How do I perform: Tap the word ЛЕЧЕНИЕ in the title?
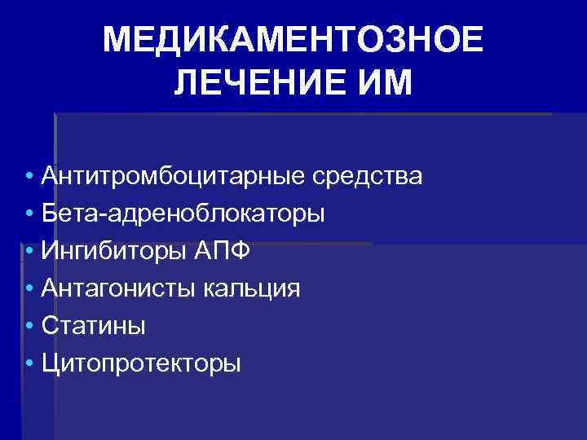[259, 83]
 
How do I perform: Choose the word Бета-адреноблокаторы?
[183, 213]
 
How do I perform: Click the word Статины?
[94, 326]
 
